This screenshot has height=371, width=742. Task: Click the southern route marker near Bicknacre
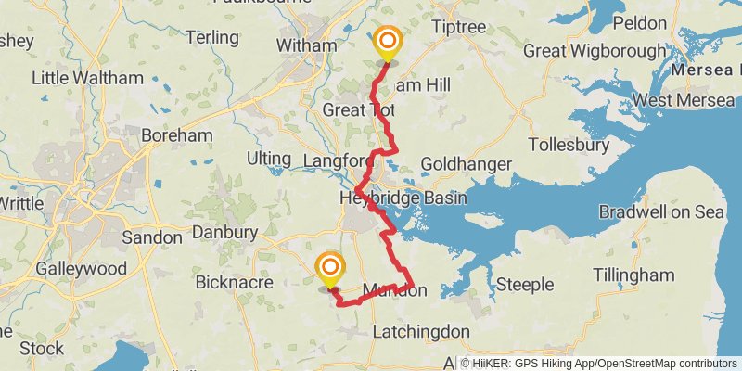point(329,270)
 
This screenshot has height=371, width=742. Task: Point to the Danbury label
point(224,233)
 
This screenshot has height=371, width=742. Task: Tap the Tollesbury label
point(568,145)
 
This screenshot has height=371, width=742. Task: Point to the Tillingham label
point(633,275)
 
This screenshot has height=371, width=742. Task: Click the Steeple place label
point(525,283)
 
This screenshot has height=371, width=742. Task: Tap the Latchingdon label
point(420,331)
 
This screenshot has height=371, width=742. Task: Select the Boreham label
point(176,135)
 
